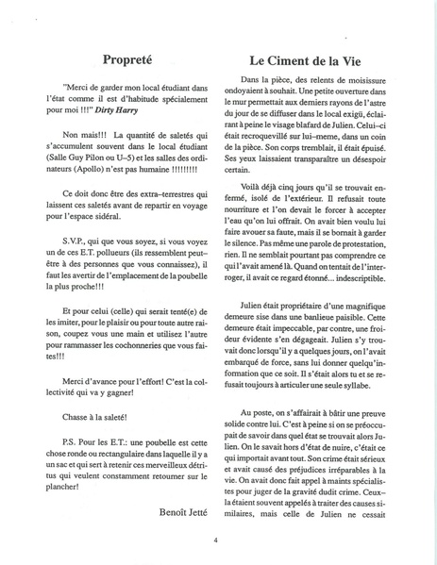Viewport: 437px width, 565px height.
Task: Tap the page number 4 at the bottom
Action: click(x=217, y=539)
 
